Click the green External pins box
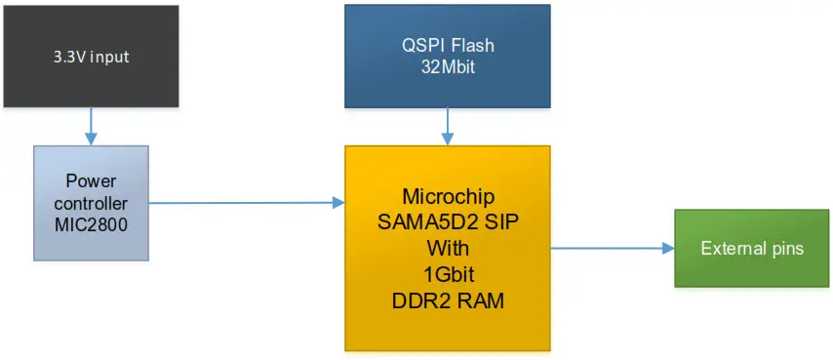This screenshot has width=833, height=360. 751,248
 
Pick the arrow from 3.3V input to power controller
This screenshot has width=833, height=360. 91,126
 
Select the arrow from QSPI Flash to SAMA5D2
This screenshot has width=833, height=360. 447,126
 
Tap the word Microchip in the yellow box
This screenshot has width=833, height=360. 448,195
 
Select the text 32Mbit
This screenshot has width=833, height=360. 447,68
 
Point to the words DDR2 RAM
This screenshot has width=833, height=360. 448,301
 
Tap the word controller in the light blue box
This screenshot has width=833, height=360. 91,202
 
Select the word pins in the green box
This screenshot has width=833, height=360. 786,248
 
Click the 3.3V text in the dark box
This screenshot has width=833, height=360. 69,57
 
